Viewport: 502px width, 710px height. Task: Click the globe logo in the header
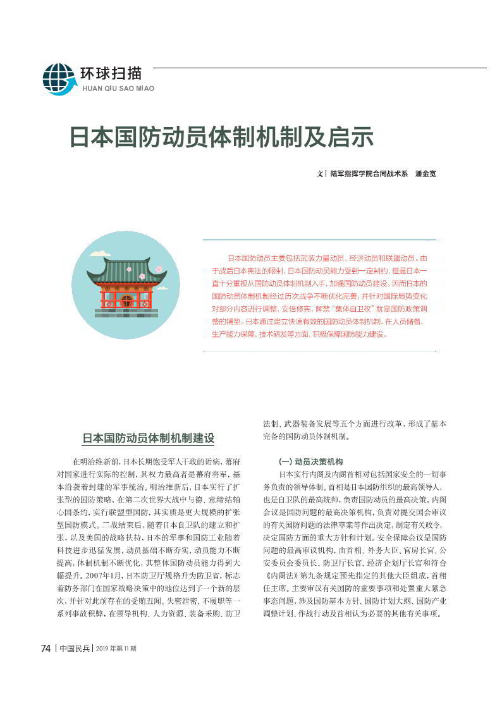click(x=59, y=79)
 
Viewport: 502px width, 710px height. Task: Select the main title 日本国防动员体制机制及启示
click(x=221, y=137)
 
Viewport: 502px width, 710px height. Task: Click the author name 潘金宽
click(x=425, y=173)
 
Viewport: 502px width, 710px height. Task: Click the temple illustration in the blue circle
click(x=126, y=285)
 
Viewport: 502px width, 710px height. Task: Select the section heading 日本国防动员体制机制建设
click(x=149, y=438)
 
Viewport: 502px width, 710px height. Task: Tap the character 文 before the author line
click(x=320, y=173)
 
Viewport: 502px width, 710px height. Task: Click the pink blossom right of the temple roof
click(x=158, y=269)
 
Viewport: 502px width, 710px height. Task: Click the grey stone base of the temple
click(x=126, y=313)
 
